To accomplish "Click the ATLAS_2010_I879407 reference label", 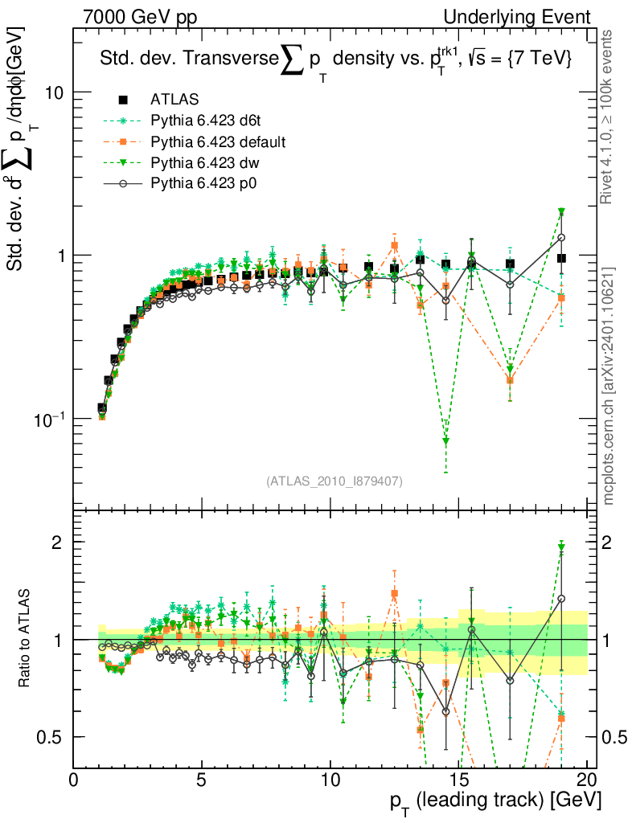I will pyautogui.click(x=334, y=481).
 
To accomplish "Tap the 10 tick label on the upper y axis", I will pyautogui.click(x=55, y=92).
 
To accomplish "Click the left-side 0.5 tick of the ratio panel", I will pyautogui.click(x=55, y=737).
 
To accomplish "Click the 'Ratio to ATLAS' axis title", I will pyautogui.click(x=26, y=639).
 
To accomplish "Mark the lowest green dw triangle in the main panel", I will pyautogui.click(x=446, y=441).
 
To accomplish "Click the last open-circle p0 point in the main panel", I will pyautogui.click(x=561, y=238).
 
